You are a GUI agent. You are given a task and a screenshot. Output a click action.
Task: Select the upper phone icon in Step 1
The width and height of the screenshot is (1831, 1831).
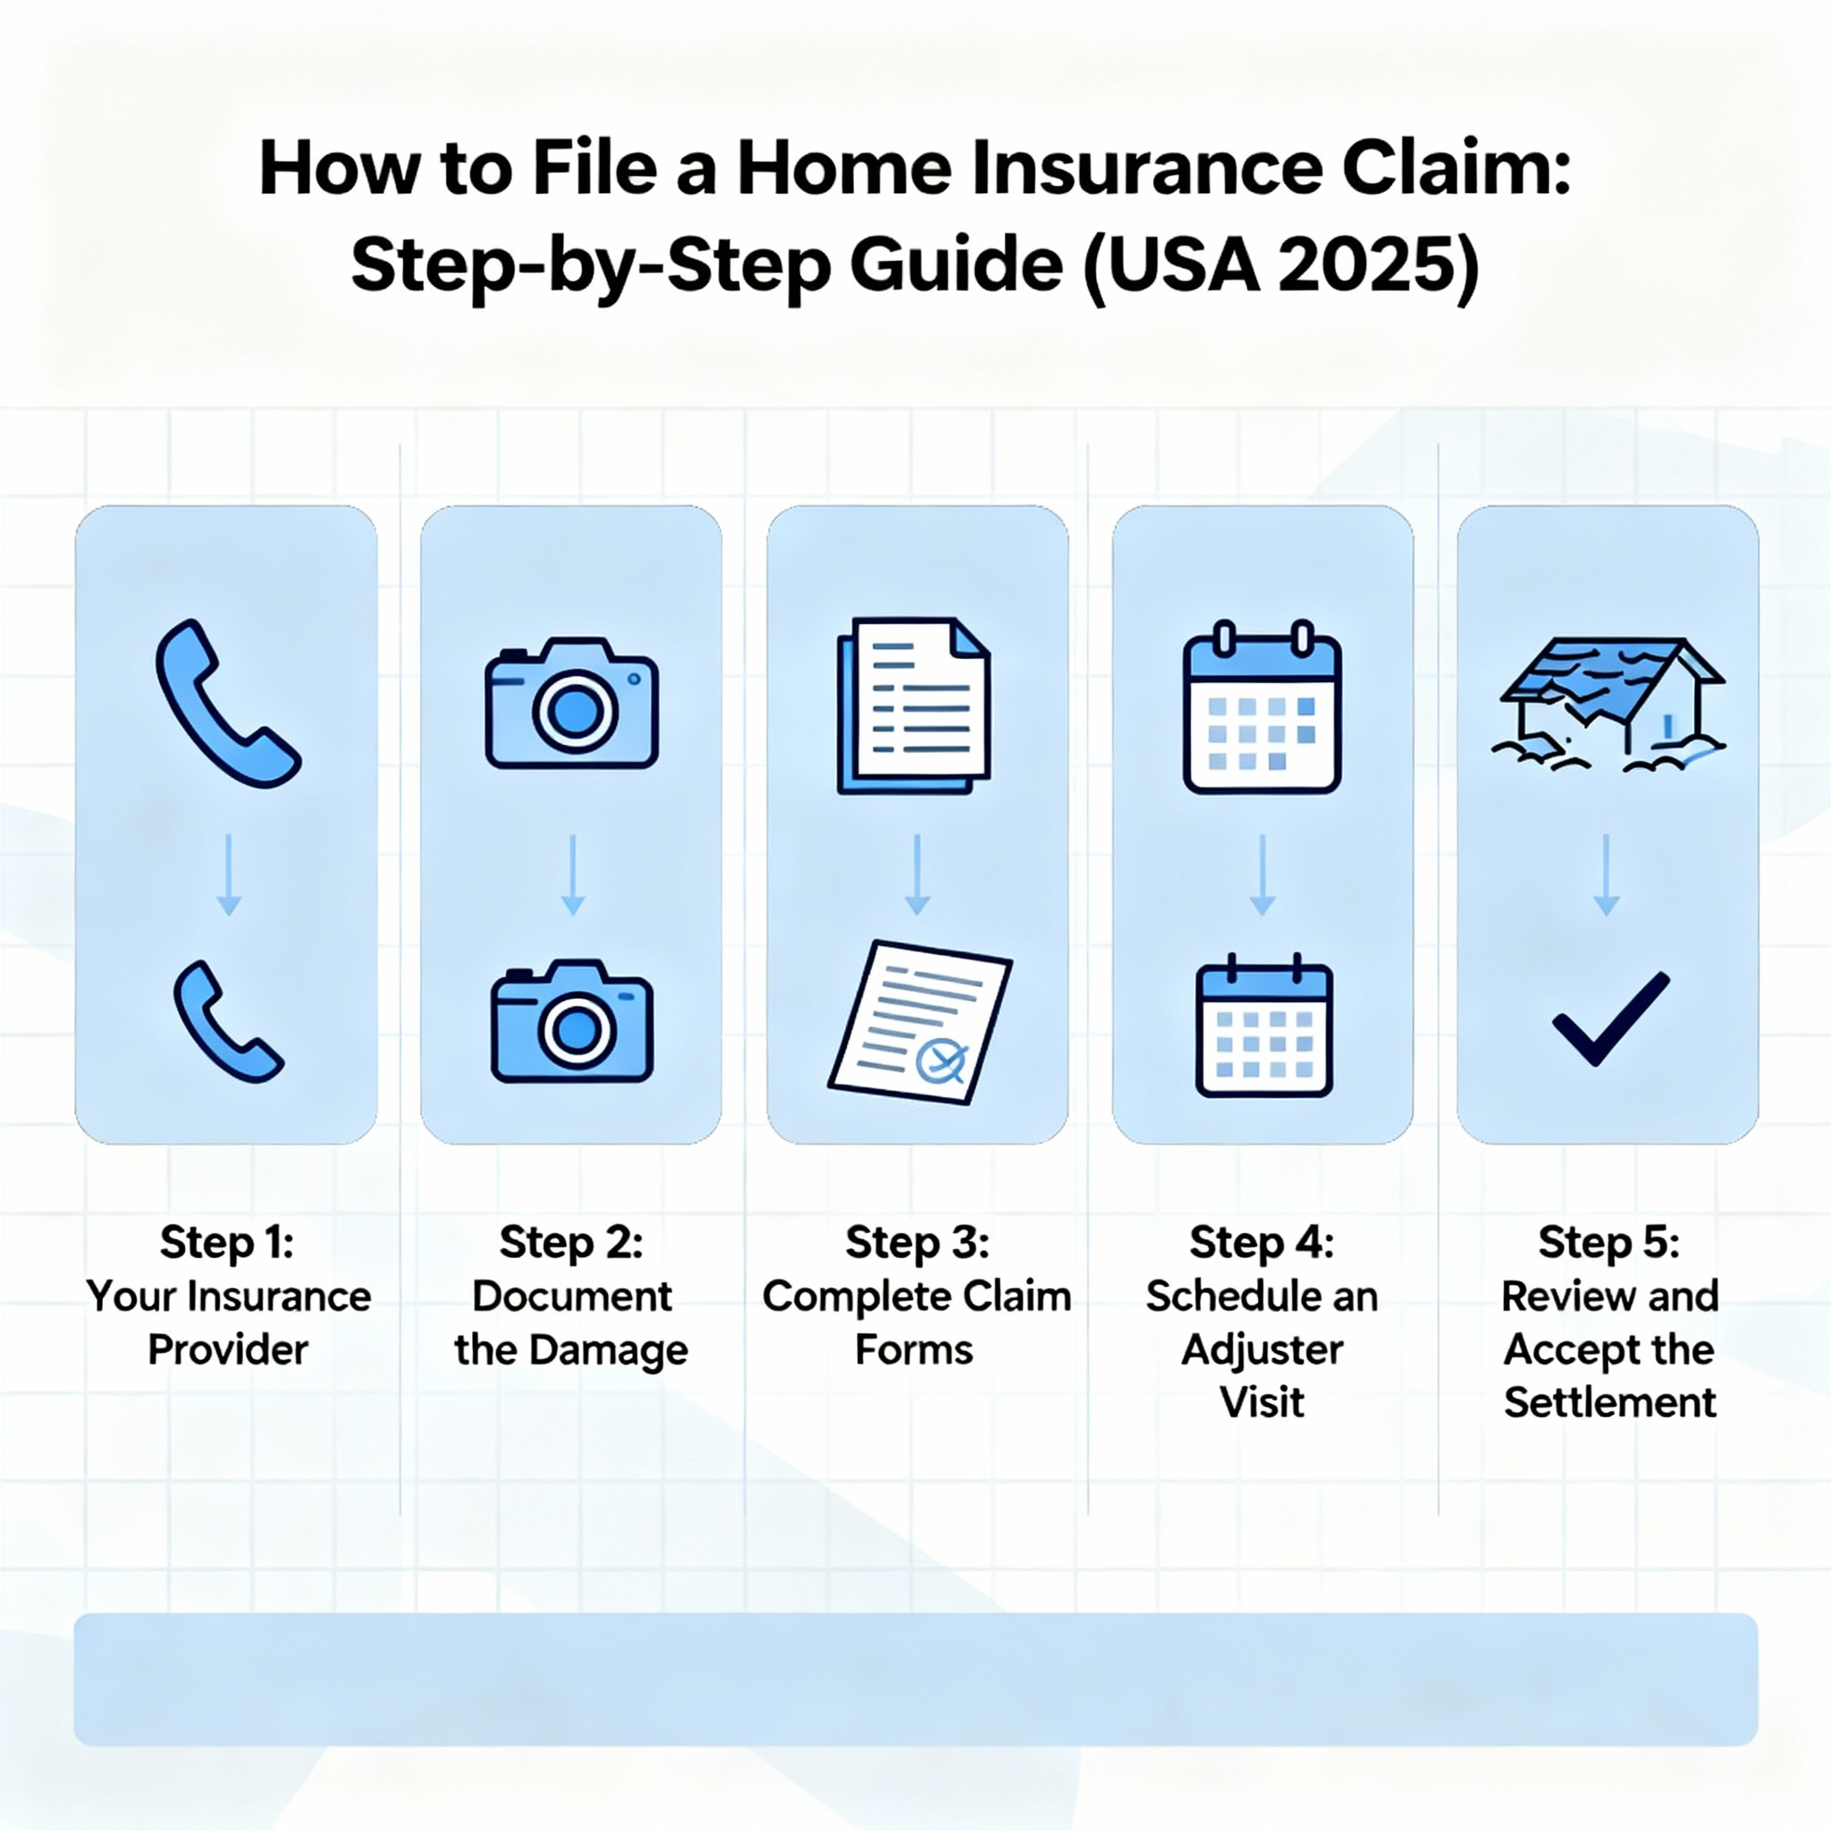(227, 704)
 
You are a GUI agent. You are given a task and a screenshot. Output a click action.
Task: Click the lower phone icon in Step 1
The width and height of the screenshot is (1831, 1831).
(227, 1022)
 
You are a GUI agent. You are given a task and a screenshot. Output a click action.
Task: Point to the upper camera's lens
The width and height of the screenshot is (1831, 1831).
(573, 709)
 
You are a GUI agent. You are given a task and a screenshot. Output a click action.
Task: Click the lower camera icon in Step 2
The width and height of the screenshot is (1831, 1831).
(571, 1022)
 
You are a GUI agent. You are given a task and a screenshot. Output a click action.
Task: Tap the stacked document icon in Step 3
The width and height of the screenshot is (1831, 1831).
(914, 705)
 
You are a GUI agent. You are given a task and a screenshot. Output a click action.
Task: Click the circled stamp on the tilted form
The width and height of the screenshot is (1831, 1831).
(942, 1060)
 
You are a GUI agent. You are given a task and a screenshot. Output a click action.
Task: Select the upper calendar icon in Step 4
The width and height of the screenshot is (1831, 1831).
(1261, 706)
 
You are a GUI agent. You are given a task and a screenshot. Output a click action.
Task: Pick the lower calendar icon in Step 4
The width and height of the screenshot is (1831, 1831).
(1264, 1025)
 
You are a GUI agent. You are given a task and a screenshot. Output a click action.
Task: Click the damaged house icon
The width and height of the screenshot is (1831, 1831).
(1612, 705)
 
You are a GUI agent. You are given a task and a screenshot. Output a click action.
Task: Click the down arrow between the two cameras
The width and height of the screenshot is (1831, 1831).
(572, 874)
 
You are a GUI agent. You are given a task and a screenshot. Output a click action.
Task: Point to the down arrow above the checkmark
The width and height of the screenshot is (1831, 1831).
(1607, 874)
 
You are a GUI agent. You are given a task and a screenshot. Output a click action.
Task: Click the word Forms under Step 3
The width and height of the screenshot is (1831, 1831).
(915, 1349)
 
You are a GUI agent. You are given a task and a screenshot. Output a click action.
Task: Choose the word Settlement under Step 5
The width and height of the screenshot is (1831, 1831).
(1610, 1403)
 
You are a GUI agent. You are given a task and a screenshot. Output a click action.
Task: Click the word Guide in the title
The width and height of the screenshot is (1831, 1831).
(957, 266)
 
